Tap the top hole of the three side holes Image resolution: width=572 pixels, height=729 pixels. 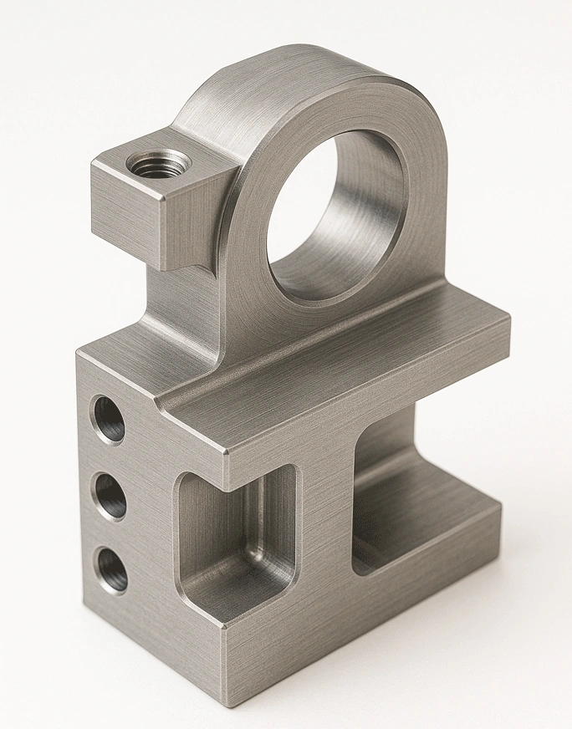(109, 419)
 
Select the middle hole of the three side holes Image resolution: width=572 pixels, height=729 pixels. (110, 495)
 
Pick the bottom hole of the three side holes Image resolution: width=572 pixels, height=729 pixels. (112, 568)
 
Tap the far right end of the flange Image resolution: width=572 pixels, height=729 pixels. (507, 322)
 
